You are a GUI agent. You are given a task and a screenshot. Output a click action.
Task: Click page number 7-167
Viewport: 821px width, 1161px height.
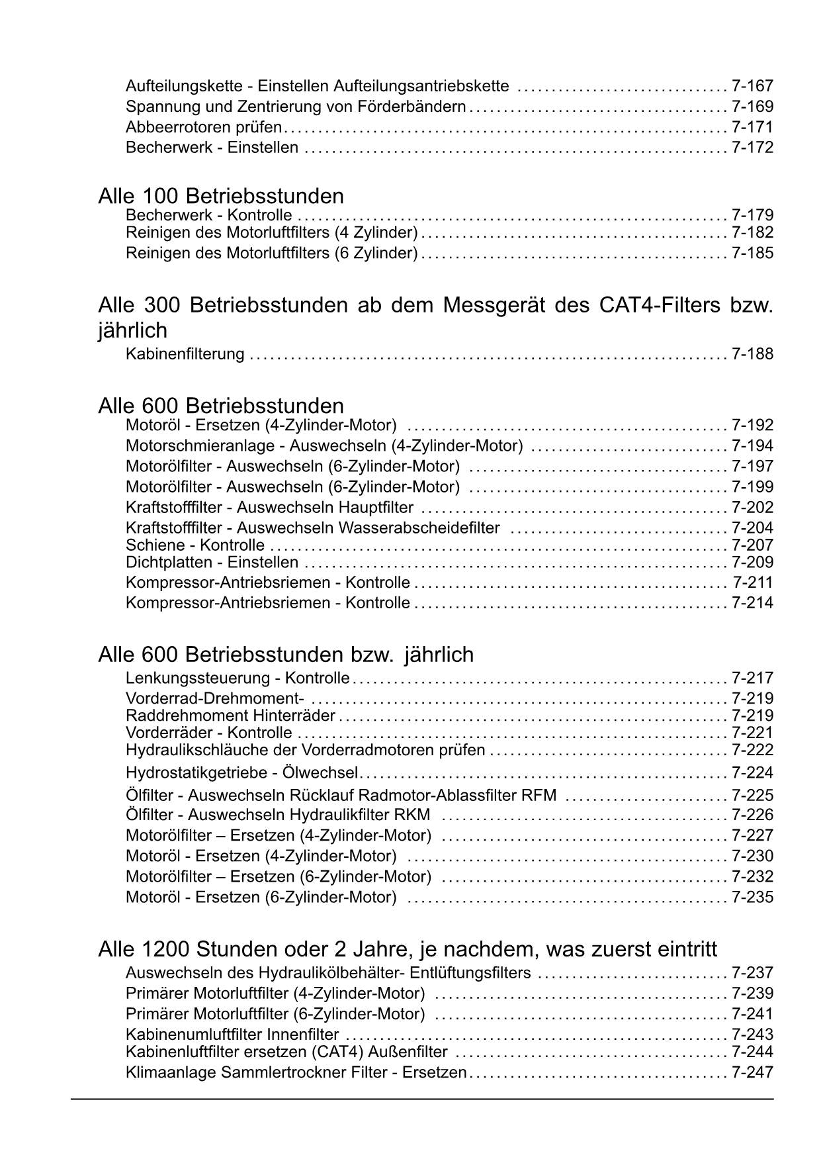click(752, 86)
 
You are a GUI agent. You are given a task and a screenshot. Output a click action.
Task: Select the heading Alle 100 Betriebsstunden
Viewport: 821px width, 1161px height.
click(221, 196)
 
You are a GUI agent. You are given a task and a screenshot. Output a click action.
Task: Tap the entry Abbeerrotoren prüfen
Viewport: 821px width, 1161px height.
click(204, 127)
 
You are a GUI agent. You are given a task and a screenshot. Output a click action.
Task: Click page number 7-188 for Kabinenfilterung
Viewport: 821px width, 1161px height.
click(752, 354)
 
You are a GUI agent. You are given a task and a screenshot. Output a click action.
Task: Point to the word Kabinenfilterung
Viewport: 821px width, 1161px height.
click(185, 354)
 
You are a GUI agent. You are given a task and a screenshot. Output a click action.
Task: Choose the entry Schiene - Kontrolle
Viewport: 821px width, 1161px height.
click(195, 545)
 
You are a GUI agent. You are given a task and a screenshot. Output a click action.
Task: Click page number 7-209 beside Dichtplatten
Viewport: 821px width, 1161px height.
click(752, 563)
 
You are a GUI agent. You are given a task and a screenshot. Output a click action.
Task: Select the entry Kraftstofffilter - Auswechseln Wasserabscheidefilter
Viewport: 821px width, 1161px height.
click(312, 528)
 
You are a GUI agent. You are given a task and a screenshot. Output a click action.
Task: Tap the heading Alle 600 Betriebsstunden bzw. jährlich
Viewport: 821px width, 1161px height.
click(286, 655)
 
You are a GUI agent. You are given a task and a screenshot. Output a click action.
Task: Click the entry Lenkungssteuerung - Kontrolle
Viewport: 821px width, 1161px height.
click(238, 678)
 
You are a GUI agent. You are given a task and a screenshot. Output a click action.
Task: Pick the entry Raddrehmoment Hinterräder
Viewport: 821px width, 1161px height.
click(230, 716)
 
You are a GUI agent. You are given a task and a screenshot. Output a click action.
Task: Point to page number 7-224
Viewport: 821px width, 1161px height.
click(752, 773)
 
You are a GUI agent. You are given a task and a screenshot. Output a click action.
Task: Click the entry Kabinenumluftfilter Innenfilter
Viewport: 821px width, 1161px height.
click(232, 1035)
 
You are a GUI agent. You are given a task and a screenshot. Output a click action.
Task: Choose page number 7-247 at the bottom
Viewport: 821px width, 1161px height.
click(752, 1072)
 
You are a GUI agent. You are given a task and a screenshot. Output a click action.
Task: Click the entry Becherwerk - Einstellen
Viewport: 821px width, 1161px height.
click(212, 148)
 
